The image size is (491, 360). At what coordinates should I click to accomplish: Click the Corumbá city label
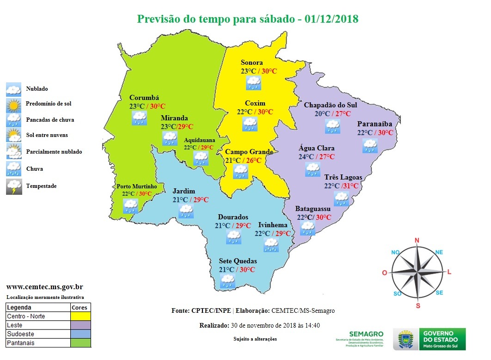tap(144, 98)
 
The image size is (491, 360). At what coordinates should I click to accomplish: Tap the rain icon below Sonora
tap(253, 83)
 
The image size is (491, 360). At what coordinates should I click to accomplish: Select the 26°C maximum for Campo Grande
tap(253, 161)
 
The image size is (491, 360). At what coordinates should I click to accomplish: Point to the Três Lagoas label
tap(343, 177)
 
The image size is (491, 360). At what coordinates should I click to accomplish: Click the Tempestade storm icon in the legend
tap(13, 186)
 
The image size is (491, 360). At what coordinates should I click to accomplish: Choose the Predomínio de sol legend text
tap(49, 104)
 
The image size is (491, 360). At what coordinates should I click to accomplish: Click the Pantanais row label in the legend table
tap(21, 343)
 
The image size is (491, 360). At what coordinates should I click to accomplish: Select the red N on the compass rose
tap(417, 240)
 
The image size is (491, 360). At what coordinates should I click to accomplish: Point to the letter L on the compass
tap(449, 272)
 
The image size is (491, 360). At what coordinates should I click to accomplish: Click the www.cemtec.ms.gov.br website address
tap(44, 287)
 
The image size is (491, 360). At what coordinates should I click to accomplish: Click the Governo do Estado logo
tap(430, 339)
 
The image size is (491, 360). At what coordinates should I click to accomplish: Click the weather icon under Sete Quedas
tap(227, 281)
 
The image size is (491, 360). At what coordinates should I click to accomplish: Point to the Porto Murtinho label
tap(136, 186)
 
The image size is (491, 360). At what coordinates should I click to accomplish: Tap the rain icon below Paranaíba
tap(370, 146)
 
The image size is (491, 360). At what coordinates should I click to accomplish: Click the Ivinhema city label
tap(273, 225)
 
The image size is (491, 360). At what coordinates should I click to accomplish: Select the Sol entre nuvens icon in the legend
tap(13, 135)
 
